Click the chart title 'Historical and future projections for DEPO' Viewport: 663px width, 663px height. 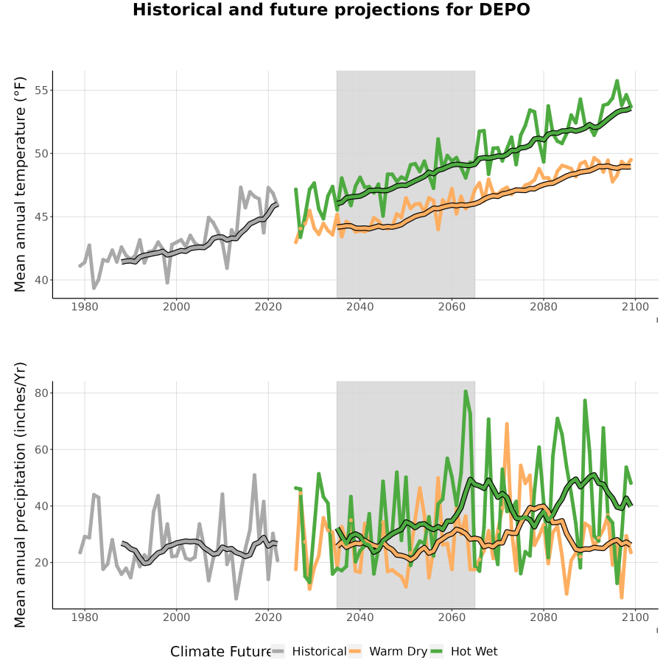tap(331, 10)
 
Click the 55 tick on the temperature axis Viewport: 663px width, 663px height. tap(41, 91)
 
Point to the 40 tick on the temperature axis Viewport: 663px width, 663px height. tap(41, 280)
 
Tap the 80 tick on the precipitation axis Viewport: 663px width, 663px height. tap(41, 393)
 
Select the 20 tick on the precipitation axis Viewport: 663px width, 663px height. tap(41, 563)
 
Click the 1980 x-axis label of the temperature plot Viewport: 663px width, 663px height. tap(85, 306)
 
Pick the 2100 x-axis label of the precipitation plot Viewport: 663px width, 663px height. tap(635, 617)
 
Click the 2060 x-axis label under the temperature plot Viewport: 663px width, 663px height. tap(452, 306)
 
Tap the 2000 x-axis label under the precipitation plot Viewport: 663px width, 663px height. tap(176, 617)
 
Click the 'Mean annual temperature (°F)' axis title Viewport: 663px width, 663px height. tap(19, 184)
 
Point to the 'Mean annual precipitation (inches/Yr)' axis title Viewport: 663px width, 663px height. tap(19, 495)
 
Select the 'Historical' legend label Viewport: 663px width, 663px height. tap(319, 652)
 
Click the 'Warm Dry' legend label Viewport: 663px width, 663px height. tap(399, 652)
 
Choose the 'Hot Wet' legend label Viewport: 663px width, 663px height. tap(474, 652)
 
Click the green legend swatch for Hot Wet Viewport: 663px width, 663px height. tap(436, 652)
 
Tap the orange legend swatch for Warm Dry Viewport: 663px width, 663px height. tap(354, 652)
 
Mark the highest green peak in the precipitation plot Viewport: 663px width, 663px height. tap(466, 392)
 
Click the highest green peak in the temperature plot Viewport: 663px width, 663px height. tap(617, 80)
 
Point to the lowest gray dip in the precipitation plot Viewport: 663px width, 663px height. tap(236, 598)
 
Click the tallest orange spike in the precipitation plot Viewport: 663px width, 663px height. tap(507, 424)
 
